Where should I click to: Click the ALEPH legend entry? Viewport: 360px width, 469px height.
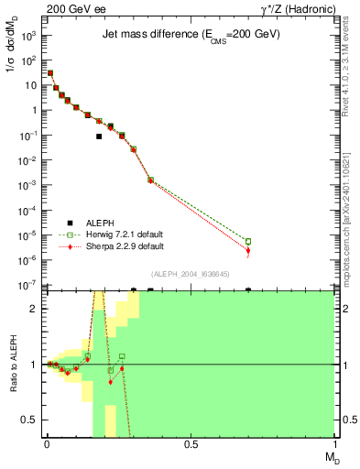pyautogui.click(x=92, y=223)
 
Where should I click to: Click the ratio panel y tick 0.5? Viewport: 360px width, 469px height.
pyautogui.click(x=28, y=420)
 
